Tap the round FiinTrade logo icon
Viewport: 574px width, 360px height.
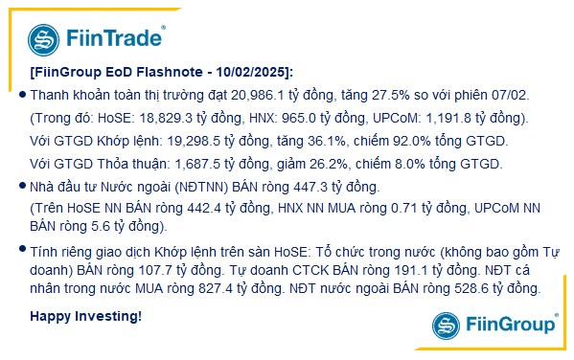tap(45, 39)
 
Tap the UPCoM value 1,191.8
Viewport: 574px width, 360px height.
tap(424, 119)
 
